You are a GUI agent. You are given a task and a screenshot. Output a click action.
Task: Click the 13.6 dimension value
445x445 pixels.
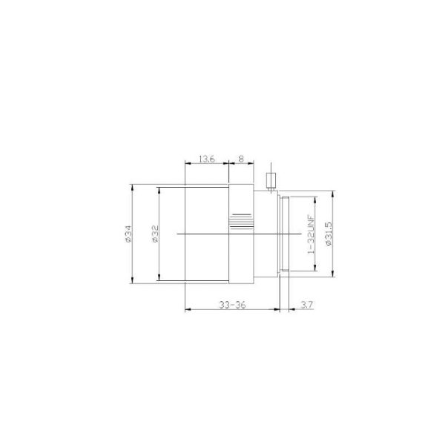pos(207,159)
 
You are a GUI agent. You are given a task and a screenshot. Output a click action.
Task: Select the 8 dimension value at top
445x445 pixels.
pos(241,159)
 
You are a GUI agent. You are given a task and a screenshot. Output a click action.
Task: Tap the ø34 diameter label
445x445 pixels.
pos(128,234)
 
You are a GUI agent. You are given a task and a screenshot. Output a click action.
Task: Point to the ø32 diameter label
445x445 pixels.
pos(155,234)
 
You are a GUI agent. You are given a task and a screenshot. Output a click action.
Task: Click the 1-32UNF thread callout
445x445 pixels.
pos(311,234)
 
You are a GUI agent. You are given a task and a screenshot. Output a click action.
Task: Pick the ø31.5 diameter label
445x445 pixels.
pos(329,234)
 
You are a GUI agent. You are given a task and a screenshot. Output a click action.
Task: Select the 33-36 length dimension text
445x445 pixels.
pos(232,305)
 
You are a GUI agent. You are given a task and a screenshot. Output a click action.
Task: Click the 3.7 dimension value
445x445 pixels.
pos(306,305)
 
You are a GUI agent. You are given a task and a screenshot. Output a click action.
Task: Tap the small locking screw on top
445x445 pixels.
pos(271,180)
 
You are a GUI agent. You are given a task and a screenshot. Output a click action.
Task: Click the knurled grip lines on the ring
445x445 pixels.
pos(241,221)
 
